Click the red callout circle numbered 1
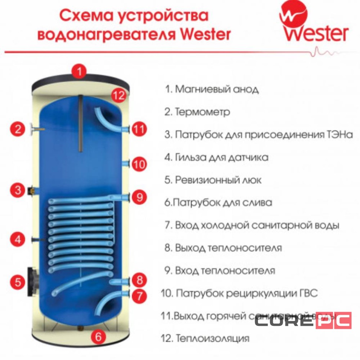(80, 71)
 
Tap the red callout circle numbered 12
(118, 95)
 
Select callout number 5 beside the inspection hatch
(17, 282)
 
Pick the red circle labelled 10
(139, 164)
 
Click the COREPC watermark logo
(303, 321)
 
